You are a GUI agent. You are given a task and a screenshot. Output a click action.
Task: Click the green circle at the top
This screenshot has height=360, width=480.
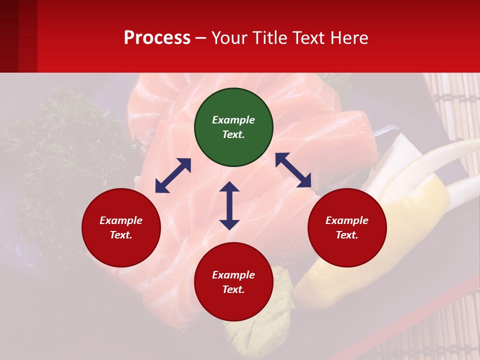coord(233,127)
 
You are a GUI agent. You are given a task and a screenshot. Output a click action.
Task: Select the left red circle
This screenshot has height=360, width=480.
coord(121,228)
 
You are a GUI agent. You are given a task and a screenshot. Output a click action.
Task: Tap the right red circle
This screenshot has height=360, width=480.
coord(347,228)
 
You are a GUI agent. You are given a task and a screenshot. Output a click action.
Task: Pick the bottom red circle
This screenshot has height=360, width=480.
coord(233,282)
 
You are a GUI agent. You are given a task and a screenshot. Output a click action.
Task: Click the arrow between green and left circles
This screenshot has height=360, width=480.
coord(173,175)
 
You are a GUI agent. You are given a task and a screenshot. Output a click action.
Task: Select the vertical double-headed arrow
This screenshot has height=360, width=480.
coord(229,205)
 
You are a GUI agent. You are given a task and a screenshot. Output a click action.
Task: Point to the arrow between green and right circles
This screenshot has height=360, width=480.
coord(293,170)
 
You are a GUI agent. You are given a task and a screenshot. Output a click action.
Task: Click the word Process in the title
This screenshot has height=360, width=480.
coord(157,37)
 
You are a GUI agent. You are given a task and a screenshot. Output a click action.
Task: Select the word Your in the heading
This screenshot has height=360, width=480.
coord(230,37)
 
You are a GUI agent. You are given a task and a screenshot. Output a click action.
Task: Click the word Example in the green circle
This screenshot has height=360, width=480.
coord(233,120)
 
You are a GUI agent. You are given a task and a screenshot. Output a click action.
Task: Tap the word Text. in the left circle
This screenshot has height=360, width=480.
coord(121,235)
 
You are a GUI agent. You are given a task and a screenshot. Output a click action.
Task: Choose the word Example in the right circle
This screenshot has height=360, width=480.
coord(347,220)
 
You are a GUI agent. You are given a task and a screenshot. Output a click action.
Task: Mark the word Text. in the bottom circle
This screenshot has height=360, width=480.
coord(233,289)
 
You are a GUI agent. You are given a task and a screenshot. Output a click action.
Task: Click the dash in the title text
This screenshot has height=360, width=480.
coord(201,38)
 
